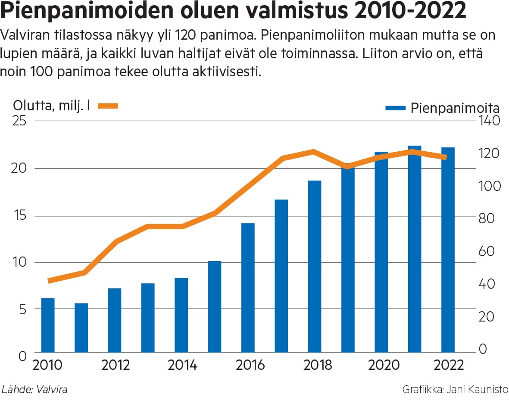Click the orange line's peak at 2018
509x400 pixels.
pyautogui.click(x=313, y=151)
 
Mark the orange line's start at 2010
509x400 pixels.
pyautogui.click(x=49, y=281)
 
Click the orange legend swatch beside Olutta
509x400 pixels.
pyautogui.click(x=108, y=106)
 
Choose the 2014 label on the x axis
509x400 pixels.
pyautogui.click(x=182, y=365)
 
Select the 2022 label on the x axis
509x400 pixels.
pyautogui.click(x=449, y=365)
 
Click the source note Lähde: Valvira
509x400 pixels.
pyautogui.click(x=34, y=390)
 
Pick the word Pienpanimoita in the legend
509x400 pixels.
pyautogui.click(x=455, y=108)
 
